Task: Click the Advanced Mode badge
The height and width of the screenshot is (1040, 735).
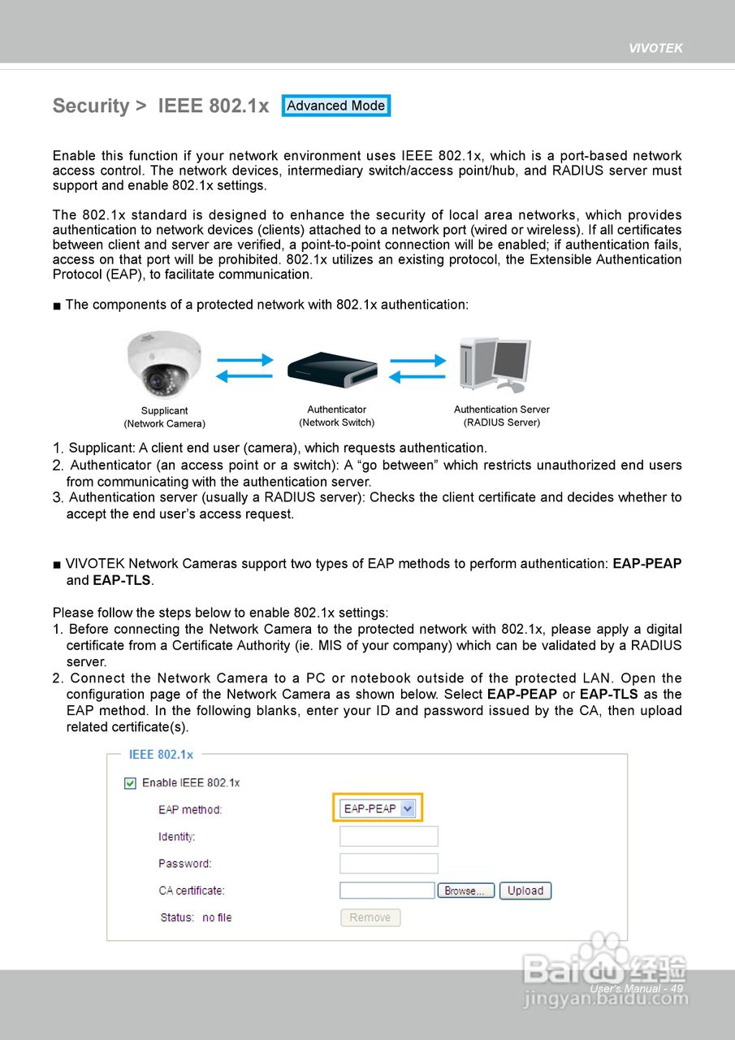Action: coord(336,106)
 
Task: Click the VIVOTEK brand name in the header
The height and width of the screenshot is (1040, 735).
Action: coord(655,48)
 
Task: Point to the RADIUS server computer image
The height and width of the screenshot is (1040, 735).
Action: coord(495,365)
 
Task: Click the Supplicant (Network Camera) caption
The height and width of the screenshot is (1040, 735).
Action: coord(164,417)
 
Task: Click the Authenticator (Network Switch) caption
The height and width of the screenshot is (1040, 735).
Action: coord(336,416)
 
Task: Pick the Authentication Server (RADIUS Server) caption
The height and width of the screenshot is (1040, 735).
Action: coord(501,416)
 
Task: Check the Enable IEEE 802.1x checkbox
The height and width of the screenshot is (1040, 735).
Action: coord(130,782)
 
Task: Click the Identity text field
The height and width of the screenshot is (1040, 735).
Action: coord(388,836)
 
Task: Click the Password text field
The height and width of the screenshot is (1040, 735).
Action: coord(388,863)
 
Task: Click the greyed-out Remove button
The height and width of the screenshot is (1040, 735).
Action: coord(370,917)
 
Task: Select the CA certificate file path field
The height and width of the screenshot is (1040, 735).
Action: coord(387,890)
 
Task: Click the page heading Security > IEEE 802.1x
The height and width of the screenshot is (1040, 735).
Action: coord(160,106)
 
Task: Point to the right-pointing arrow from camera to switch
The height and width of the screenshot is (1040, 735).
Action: coord(244,360)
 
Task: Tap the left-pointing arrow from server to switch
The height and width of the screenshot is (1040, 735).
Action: coord(417,377)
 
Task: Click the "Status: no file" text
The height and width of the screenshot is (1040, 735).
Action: coord(196,917)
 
